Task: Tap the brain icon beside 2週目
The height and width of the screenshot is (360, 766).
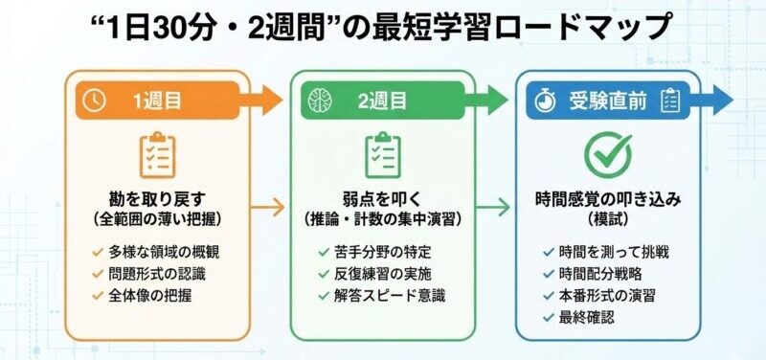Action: click(x=322, y=100)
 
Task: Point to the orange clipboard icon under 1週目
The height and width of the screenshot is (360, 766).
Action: click(x=157, y=155)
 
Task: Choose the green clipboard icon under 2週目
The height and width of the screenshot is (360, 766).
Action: click(x=382, y=155)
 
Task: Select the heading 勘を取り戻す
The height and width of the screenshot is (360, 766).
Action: click(x=157, y=200)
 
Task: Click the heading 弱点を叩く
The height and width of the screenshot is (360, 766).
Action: click(x=382, y=200)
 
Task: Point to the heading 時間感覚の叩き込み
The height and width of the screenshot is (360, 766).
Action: click(x=608, y=200)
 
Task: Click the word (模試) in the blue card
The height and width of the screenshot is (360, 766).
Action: click(x=608, y=220)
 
